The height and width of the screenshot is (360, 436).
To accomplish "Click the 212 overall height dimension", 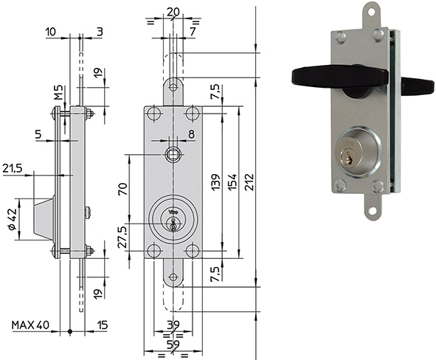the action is (x=249, y=182).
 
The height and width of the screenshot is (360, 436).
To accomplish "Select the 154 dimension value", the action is (x=232, y=182).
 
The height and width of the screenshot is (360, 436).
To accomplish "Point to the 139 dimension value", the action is (x=215, y=182).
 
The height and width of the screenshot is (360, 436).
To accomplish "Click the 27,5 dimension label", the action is (x=122, y=237).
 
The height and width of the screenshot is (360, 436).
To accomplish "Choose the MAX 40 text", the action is (x=30, y=325).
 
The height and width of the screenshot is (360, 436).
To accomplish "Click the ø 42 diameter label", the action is (x=13, y=219).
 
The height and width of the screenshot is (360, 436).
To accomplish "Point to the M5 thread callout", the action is (x=58, y=92).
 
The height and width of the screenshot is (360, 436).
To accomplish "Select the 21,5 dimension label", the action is (x=13, y=168).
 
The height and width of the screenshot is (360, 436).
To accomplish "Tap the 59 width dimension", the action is (x=173, y=345).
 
